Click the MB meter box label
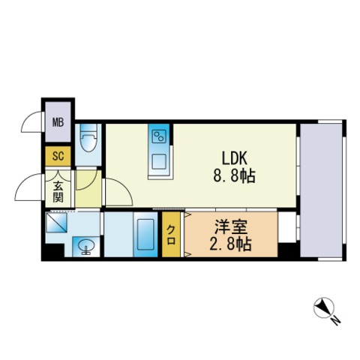(x=57, y=122)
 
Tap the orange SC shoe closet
(x=57, y=157)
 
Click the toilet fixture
(x=87, y=140)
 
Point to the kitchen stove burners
(x=159, y=136)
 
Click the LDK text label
(x=235, y=158)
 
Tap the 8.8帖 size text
(x=235, y=177)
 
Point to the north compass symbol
(x=322, y=307)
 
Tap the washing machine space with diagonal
(x=58, y=223)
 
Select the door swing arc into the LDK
(x=114, y=191)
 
